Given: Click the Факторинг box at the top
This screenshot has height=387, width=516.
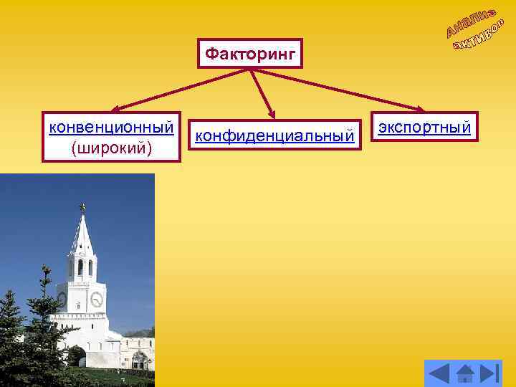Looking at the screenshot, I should (250, 53).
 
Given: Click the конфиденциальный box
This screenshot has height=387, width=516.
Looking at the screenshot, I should (274, 135).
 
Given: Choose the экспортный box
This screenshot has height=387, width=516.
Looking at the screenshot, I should (424, 128).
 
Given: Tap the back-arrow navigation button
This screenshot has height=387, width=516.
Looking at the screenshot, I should (439, 373).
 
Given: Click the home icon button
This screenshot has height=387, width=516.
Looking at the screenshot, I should (465, 373).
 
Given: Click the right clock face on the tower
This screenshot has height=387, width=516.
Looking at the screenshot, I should (96, 299).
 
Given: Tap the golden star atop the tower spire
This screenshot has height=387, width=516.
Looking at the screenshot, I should (82, 207).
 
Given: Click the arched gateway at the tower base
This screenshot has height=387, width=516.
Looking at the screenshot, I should (75, 355).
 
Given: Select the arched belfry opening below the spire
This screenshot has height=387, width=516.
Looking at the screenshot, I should (80, 267).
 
